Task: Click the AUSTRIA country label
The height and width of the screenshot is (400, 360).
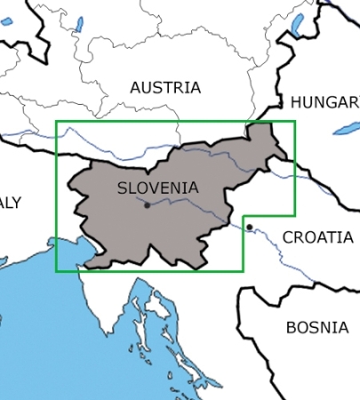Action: (x=165, y=87)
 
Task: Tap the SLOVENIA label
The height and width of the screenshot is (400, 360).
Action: (x=157, y=188)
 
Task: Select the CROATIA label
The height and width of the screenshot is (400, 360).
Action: (x=317, y=237)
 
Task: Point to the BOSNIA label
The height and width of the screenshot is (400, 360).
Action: (x=316, y=327)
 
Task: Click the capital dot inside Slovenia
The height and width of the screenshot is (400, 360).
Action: (x=147, y=204)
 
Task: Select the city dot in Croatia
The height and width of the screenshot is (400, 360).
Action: (x=250, y=227)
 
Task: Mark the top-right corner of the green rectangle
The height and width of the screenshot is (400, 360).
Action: (x=294, y=122)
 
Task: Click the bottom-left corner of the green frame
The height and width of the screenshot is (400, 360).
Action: (x=56, y=271)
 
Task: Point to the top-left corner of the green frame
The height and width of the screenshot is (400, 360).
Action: (x=56, y=122)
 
